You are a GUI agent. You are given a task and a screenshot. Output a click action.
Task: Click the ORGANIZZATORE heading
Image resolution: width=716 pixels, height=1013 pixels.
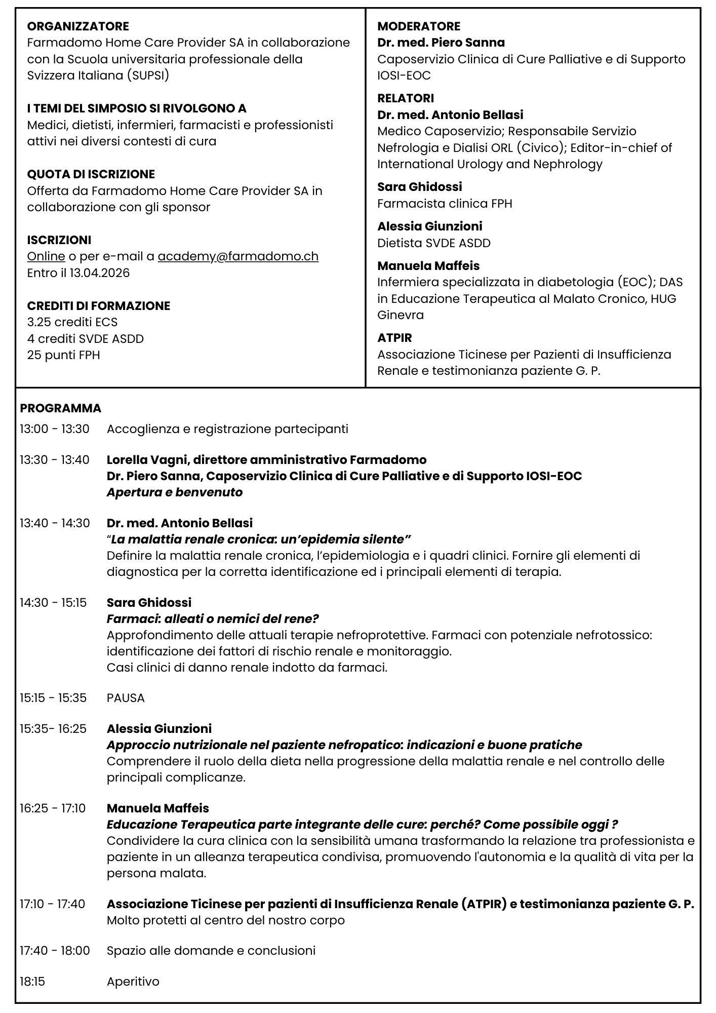[x=78, y=26]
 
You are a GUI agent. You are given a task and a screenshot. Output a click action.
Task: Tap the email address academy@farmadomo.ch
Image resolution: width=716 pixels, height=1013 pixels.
[x=238, y=256]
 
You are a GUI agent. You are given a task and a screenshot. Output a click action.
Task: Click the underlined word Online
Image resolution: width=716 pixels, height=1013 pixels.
[x=46, y=256]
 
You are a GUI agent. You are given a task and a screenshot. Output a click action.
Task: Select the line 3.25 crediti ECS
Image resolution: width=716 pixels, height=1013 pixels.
[x=72, y=322]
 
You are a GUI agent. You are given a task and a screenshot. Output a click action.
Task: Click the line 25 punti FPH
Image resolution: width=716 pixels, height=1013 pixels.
[x=64, y=355]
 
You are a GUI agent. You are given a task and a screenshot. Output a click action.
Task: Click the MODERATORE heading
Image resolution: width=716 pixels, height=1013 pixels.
[x=419, y=26]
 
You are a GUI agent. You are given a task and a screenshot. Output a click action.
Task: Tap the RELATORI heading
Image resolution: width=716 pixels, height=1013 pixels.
[x=406, y=98]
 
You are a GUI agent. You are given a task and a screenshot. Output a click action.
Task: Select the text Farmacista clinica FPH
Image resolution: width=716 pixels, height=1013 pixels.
[x=445, y=204]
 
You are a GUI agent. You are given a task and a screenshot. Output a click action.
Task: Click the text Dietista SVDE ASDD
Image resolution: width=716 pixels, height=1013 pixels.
[x=434, y=243]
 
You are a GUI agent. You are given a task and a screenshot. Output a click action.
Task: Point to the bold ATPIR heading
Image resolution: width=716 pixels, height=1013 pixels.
[x=394, y=338]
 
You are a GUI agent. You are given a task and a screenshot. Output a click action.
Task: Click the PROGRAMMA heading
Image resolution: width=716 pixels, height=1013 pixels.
[x=61, y=408]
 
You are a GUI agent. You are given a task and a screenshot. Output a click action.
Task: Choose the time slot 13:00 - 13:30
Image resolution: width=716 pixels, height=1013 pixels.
[x=55, y=429]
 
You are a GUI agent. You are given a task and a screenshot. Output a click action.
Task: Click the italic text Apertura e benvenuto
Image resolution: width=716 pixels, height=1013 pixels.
[x=175, y=492]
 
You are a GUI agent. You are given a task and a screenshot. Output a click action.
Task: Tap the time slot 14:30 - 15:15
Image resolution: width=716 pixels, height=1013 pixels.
[x=53, y=603]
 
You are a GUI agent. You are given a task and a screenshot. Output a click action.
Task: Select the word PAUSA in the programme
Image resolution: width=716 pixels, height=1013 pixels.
[x=126, y=698]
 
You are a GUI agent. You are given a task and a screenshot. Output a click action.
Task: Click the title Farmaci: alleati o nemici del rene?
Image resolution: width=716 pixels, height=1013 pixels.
[x=213, y=619]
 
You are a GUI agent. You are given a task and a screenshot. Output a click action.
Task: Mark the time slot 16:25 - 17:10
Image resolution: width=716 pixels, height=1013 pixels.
[x=53, y=808]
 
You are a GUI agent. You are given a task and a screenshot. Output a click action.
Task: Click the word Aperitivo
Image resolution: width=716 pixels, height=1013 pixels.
[x=133, y=982]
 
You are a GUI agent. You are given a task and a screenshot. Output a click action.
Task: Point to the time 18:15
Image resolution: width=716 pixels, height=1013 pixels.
[x=32, y=982]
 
